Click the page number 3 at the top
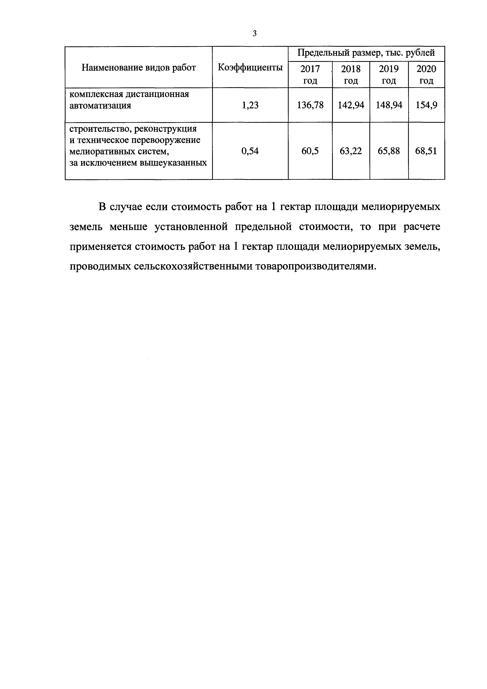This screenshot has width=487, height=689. pyautogui.click(x=255, y=34)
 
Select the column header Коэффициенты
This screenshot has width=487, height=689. pyautogui.click(x=250, y=68)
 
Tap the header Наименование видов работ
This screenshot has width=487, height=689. pyautogui.click(x=139, y=68)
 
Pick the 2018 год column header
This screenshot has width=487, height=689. pyautogui.click(x=351, y=75)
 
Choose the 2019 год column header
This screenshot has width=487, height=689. pyautogui.click(x=389, y=75)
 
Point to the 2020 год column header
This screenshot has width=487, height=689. pyautogui.click(x=426, y=75)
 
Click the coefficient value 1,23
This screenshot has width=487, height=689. pyautogui.click(x=250, y=105)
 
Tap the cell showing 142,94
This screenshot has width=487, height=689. pyautogui.click(x=351, y=105)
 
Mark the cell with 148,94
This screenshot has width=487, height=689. pyautogui.click(x=389, y=105)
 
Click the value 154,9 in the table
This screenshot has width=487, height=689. pyautogui.click(x=426, y=105)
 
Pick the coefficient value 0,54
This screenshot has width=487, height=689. pyautogui.click(x=250, y=151)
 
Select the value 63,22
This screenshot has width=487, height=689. pyautogui.click(x=351, y=151)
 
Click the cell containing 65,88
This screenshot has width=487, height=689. pyautogui.click(x=389, y=151)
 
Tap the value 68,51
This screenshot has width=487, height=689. pyautogui.click(x=426, y=151)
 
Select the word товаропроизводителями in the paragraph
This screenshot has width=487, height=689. pyautogui.click(x=315, y=266)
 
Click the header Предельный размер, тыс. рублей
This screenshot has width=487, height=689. pyautogui.click(x=366, y=53)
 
